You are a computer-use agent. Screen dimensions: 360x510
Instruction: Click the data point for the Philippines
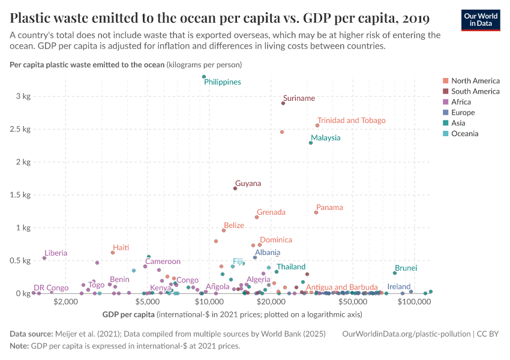click(204, 77)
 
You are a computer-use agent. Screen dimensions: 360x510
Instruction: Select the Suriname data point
click(283, 103)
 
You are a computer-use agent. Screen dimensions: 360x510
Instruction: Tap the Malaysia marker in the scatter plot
click(311, 143)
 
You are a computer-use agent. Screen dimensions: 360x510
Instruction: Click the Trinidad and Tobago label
click(351, 121)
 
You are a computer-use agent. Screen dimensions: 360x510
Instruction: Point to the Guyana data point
click(235, 188)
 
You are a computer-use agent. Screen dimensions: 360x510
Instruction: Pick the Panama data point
click(316, 212)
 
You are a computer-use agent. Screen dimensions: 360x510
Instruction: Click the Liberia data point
click(44, 258)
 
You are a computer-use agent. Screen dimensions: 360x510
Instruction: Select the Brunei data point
click(395, 273)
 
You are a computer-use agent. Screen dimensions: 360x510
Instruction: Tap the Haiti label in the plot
click(121, 248)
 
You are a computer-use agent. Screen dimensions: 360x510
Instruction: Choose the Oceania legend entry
click(464, 134)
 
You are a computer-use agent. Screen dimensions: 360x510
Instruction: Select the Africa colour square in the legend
click(445, 102)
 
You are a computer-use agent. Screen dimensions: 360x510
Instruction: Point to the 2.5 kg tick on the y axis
click(22, 129)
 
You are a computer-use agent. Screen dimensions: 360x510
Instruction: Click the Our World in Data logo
click(480, 20)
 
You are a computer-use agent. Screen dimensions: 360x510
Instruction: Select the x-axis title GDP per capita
click(128, 314)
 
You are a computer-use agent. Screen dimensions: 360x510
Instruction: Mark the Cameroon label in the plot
click(163, 262)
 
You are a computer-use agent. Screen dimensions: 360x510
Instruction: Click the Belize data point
click(224, 230)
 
